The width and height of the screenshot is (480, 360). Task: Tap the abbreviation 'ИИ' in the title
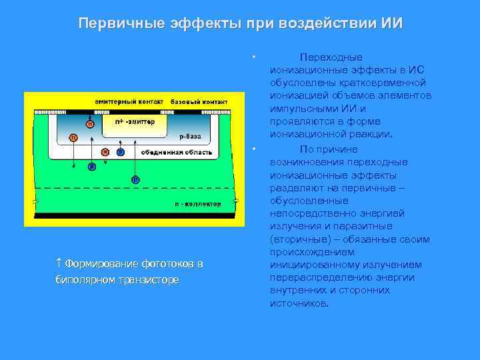coord(392,23)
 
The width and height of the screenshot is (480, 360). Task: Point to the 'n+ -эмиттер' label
coord(135,122)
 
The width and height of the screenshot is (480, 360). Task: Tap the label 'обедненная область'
coord(177,153)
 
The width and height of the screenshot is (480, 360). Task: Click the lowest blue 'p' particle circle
coord(135,179)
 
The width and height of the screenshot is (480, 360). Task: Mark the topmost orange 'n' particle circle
coord(90,123)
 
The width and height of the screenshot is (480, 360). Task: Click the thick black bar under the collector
coord(133,215)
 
